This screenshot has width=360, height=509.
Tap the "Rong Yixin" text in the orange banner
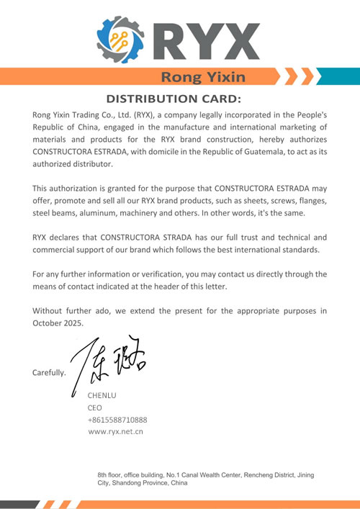tap(203, 76)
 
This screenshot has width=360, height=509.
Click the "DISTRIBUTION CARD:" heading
tap(174, 99)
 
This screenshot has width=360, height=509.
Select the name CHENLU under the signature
tap(102, 395)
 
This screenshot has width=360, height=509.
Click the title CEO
tap(95, 407)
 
